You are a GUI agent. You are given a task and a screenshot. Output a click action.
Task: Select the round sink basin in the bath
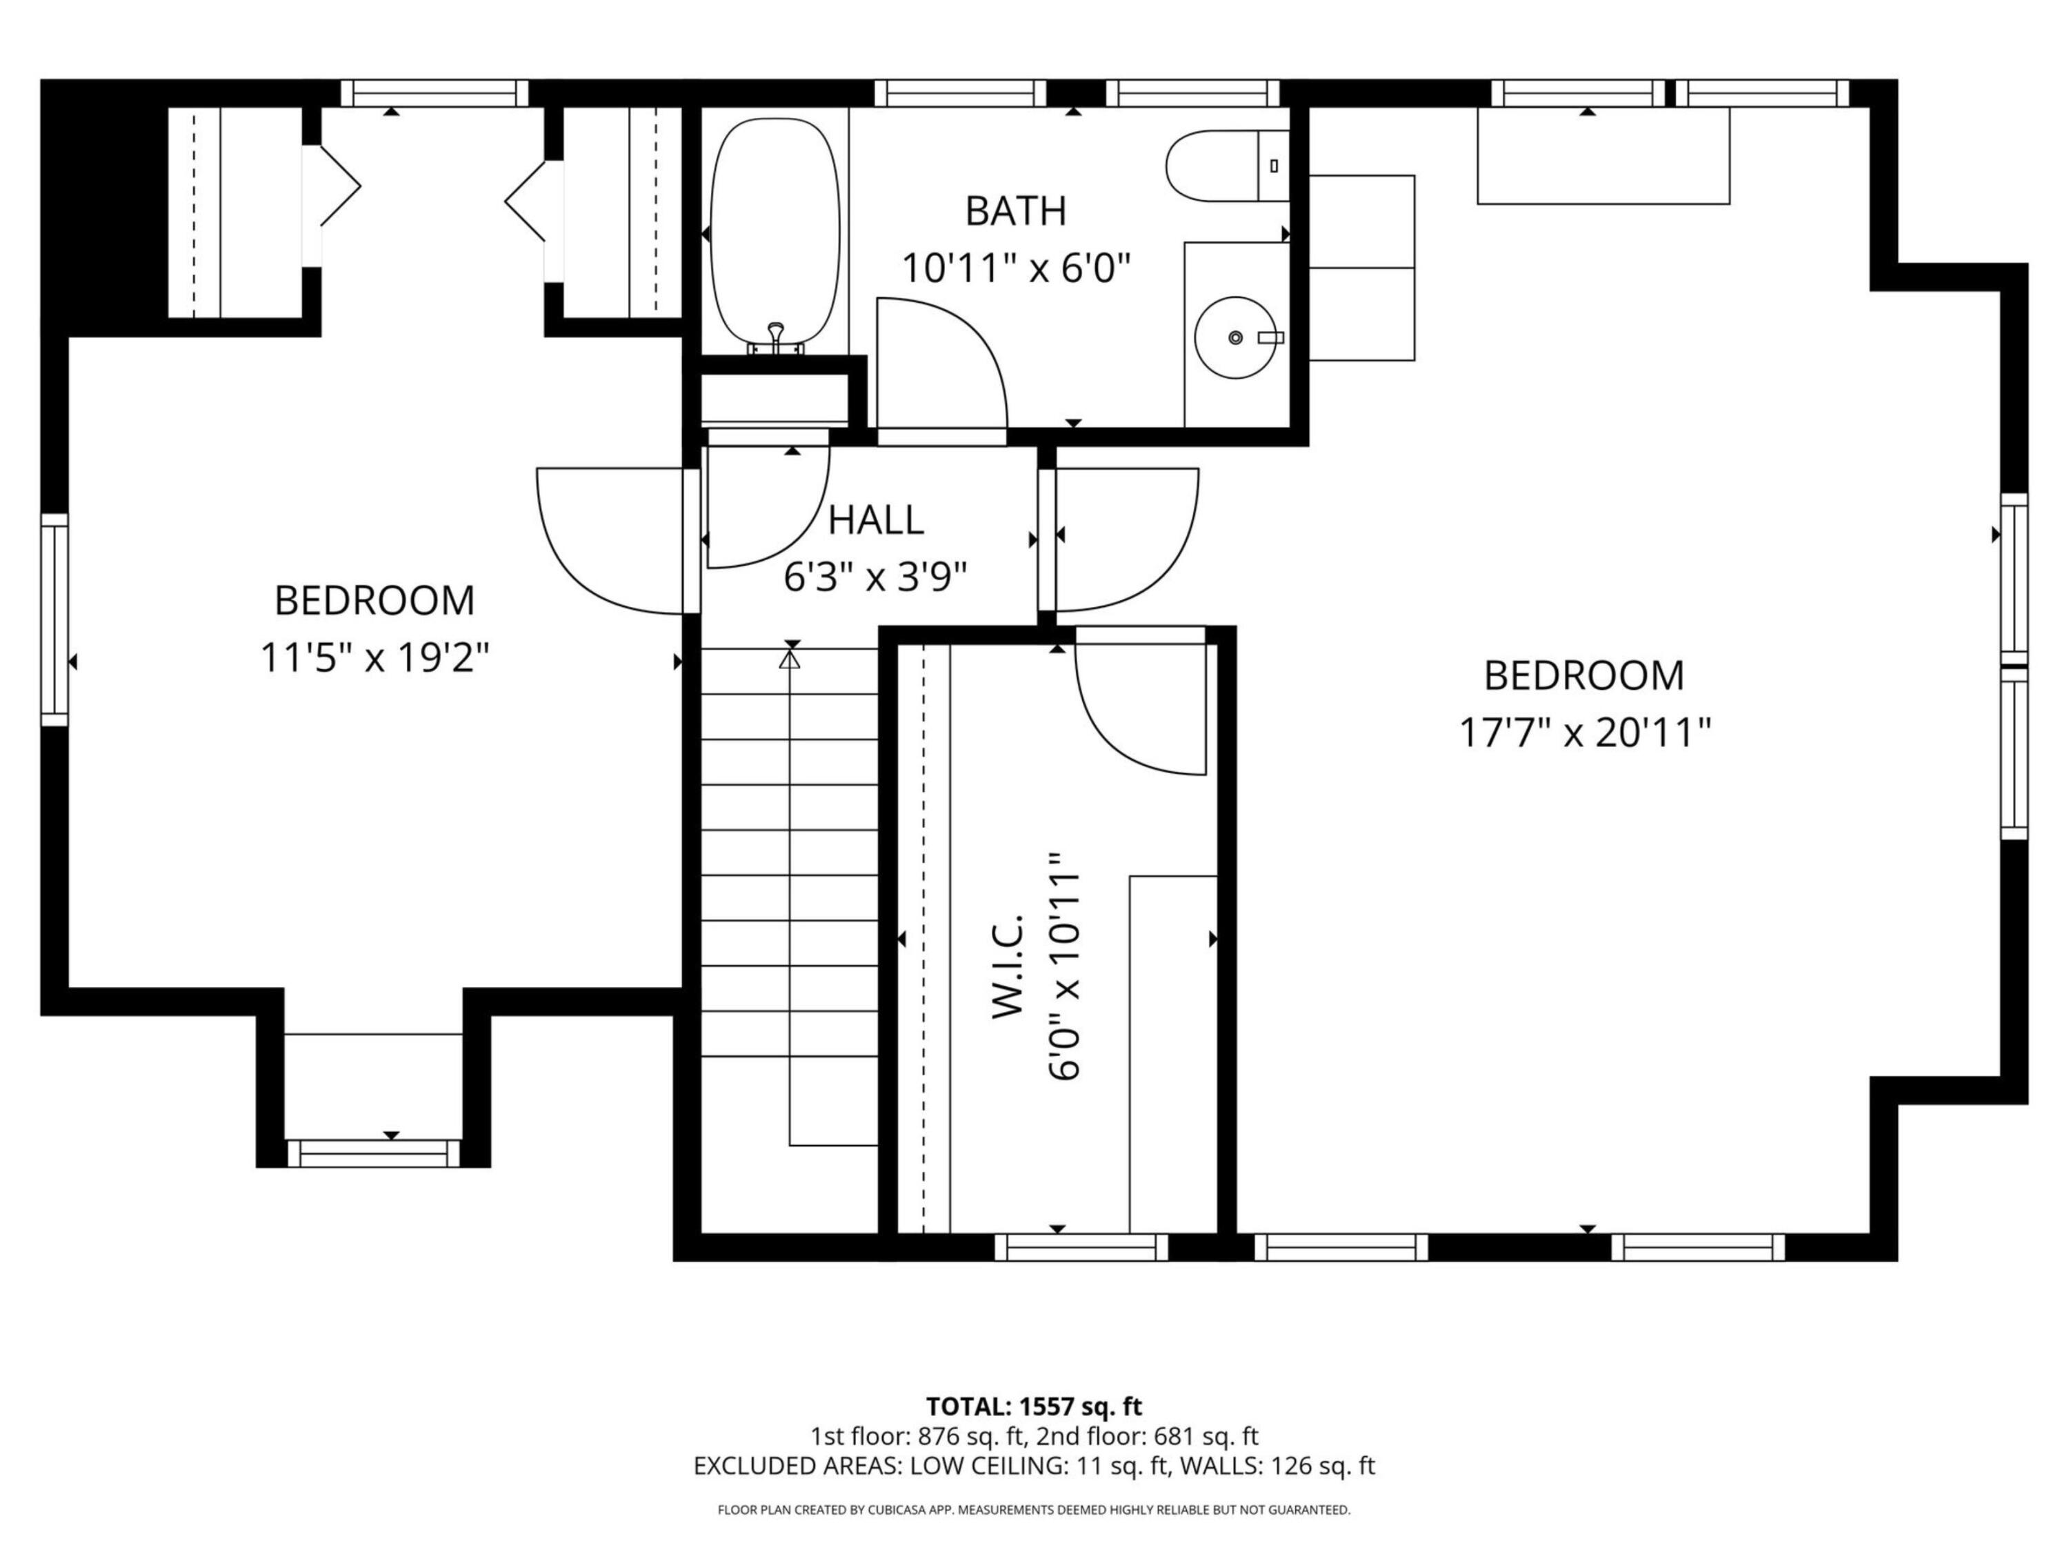[x=1237, y=337]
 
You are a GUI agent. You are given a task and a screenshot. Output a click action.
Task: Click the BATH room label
[x=1016, y=212]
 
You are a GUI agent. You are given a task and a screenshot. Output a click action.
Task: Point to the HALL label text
[x=875, y=520]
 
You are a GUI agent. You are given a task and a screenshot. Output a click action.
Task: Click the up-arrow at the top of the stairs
[x=791, y=661]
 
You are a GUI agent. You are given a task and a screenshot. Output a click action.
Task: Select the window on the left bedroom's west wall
[x=55, y=619]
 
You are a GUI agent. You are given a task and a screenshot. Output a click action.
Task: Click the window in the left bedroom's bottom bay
[x=373, y=1153]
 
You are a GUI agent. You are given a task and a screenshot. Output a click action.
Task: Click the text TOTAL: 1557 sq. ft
[x=1034, y=1406]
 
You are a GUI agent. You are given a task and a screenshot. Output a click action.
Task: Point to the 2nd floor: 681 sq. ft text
[x=1147, y=1436]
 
